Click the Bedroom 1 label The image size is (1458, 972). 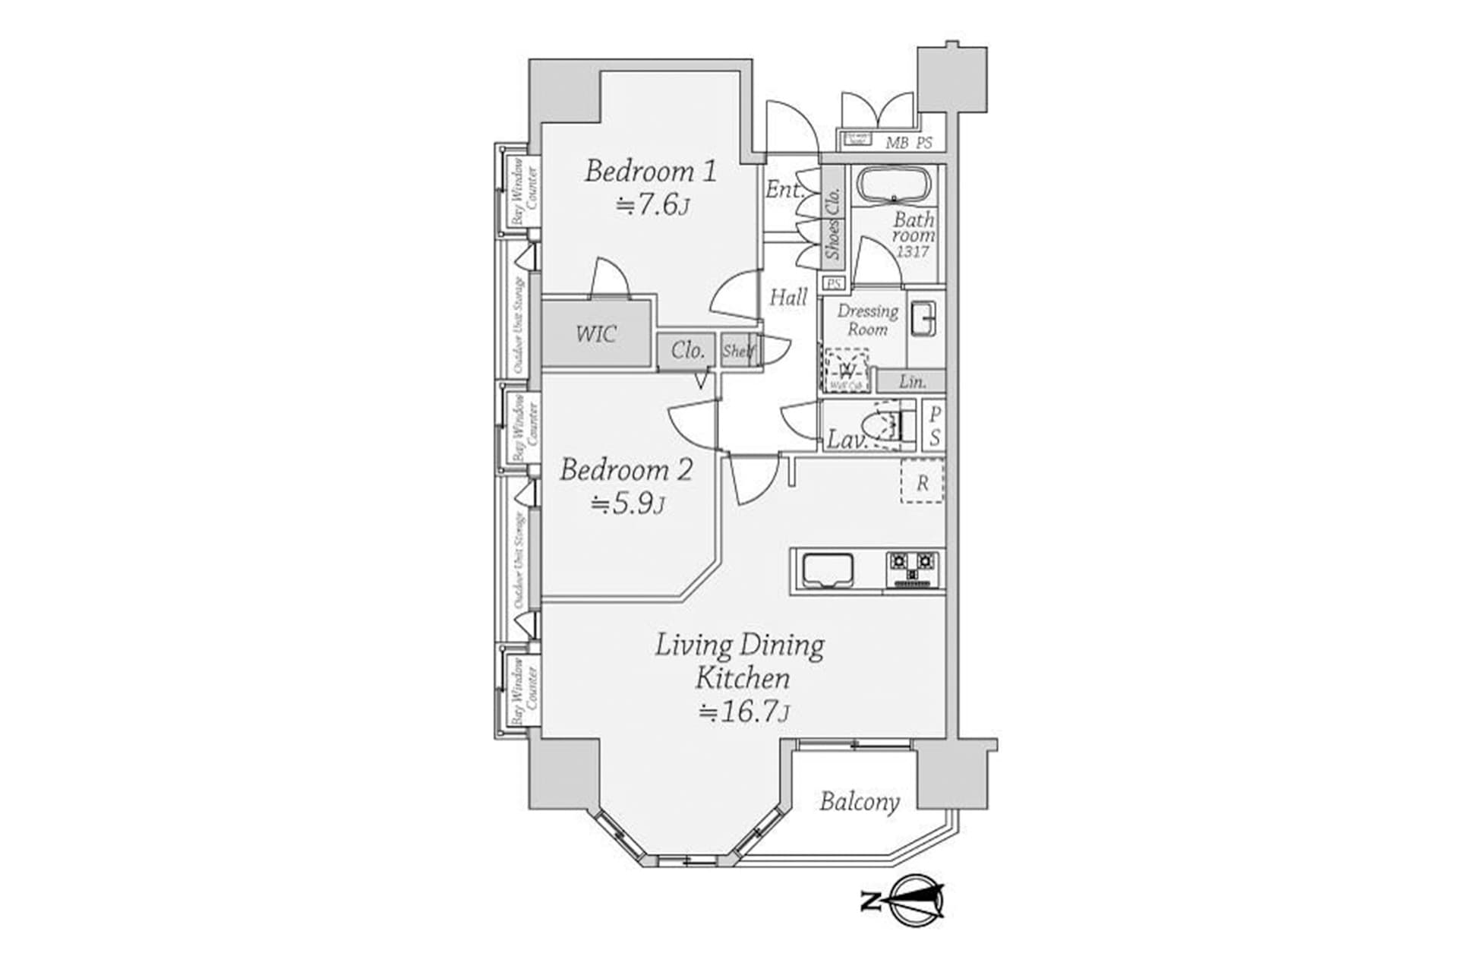650,171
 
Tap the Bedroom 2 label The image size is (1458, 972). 626,470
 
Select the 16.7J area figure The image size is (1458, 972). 743,712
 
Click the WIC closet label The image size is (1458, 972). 596,333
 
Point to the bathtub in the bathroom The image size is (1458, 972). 894,185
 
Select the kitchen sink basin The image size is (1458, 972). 827,569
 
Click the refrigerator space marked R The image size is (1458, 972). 922,482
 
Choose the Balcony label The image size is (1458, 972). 859,802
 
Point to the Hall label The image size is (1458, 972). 788,298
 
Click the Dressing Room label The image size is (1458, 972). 867,320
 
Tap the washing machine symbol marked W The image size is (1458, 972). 847,371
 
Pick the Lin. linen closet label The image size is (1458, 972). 912,382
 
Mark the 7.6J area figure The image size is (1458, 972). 653,205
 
